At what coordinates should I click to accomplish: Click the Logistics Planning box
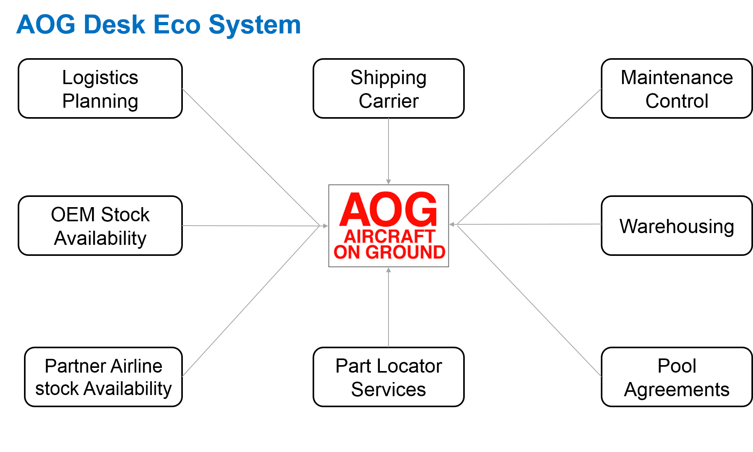100,89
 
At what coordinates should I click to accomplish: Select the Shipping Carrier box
388,89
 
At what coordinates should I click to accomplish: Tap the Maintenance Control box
676,89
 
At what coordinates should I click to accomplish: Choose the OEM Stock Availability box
100,226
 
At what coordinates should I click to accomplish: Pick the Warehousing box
676,226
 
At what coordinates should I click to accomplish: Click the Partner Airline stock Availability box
103,377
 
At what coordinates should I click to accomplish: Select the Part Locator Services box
388,377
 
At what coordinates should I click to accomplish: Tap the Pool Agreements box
676,377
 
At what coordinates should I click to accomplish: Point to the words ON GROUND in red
389,252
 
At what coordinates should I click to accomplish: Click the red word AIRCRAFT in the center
389,236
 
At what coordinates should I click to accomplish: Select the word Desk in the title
114,25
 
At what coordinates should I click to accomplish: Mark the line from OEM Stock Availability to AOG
252,226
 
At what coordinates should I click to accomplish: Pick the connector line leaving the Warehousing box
527,224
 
